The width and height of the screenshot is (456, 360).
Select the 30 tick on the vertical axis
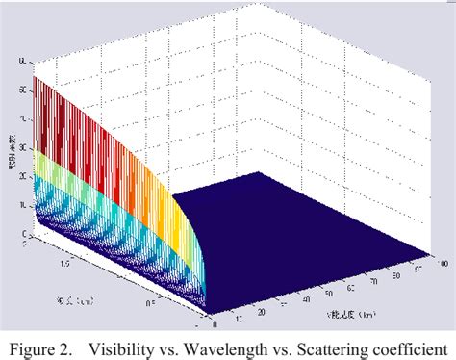pyautogui.click(x=21, y=149)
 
